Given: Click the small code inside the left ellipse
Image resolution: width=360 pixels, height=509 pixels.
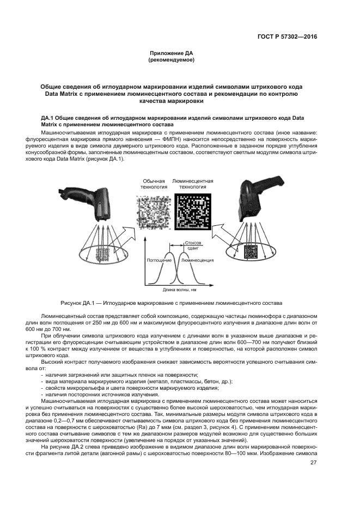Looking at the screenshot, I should point(102,254).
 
